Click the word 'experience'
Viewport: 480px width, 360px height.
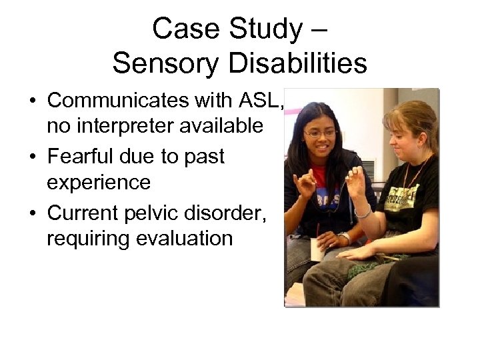[98, 181]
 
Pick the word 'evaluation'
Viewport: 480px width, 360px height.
[184, 238]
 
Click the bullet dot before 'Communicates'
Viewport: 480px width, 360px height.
[32, 101]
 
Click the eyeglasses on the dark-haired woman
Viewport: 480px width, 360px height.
[321, 133]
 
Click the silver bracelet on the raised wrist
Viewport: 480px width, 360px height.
[363, 212]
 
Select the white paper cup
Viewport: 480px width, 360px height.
[319, 249]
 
